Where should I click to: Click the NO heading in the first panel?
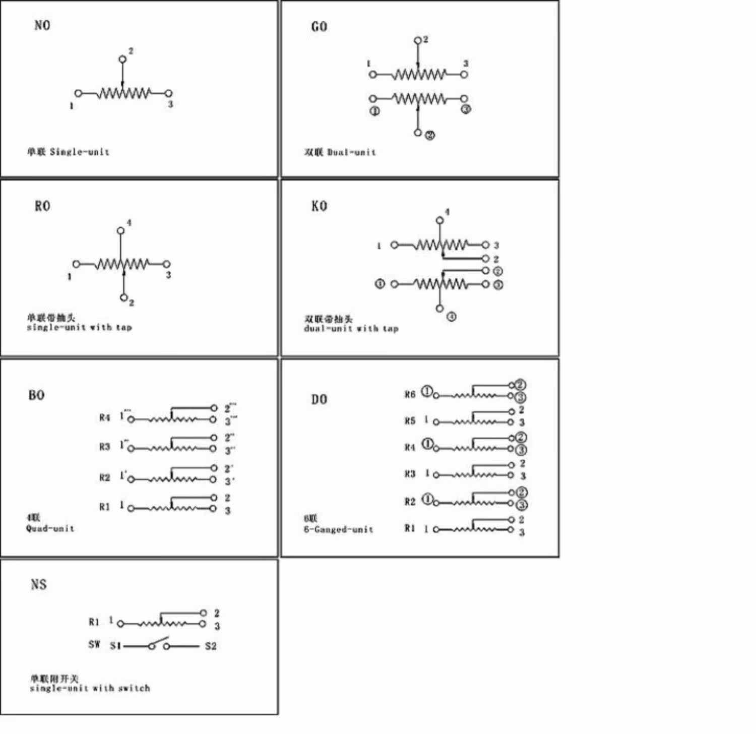42,25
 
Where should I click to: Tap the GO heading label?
319,27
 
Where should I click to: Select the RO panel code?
42,206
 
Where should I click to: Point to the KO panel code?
319,206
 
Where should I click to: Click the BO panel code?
36,395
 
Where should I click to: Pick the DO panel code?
319,399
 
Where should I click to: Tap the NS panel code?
39,584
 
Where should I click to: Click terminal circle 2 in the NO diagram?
122,59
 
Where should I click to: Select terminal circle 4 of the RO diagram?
120,231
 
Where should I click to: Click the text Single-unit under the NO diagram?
79,152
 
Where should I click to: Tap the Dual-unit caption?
351,152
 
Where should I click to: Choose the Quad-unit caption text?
50,528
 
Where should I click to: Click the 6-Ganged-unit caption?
338,529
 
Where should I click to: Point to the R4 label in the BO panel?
104,417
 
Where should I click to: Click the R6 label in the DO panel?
410,394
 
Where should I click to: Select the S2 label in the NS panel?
211,646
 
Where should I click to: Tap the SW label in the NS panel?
94,644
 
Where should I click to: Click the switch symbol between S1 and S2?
159,644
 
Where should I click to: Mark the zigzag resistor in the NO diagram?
124,93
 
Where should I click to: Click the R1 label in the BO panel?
104,507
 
